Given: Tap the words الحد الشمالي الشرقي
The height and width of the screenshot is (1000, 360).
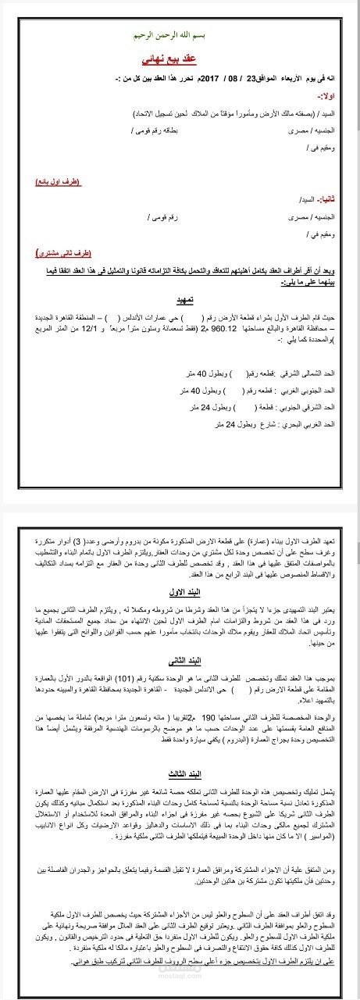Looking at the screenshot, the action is [x=308, y=363].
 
